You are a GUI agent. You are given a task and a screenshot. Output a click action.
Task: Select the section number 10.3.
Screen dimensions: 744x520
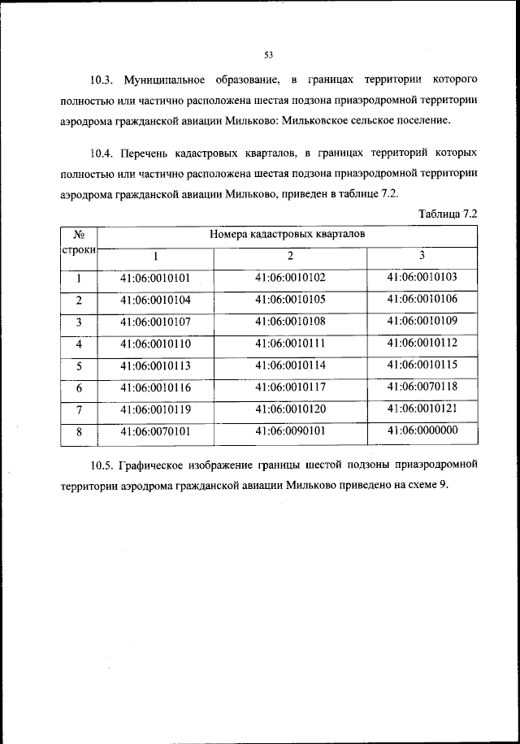(x=102, y=80)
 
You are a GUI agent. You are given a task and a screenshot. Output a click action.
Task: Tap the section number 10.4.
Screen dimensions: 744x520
(x=102, y=153)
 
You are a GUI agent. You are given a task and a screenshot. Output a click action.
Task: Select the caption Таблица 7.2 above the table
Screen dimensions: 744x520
(x=446, y=213)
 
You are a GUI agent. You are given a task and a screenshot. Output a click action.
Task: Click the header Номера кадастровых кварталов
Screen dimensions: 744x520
(x=288, y=233)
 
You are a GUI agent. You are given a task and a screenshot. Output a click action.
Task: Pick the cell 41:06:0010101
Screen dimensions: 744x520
(x=154, y=278)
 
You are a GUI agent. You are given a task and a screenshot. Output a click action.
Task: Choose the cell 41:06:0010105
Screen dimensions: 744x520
(x=289, y=300)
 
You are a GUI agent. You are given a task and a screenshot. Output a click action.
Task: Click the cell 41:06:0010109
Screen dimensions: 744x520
(x=422, y=321)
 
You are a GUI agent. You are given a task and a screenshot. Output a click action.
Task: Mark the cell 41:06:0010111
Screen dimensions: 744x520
(x=289, y=343)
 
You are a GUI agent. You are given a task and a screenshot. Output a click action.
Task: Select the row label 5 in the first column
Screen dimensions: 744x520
(x=79, y=366)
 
